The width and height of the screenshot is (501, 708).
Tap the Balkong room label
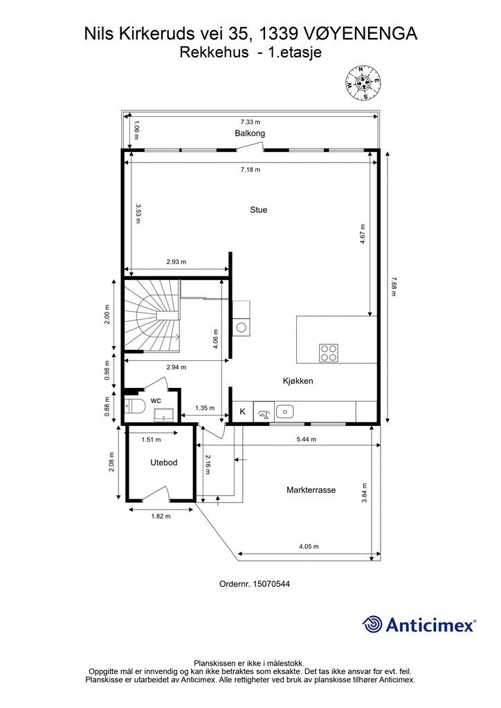(250, 133)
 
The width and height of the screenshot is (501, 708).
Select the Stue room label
(259, 209)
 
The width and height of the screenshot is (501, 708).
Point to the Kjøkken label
(298, 381)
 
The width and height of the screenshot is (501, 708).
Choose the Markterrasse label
(311, 490)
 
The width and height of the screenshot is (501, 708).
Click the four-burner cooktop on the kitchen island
(328, 353)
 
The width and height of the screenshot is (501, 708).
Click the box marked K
(242, 412)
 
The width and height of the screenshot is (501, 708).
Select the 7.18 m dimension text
(250, 169)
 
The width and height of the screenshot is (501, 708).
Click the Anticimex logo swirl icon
(372, 624)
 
